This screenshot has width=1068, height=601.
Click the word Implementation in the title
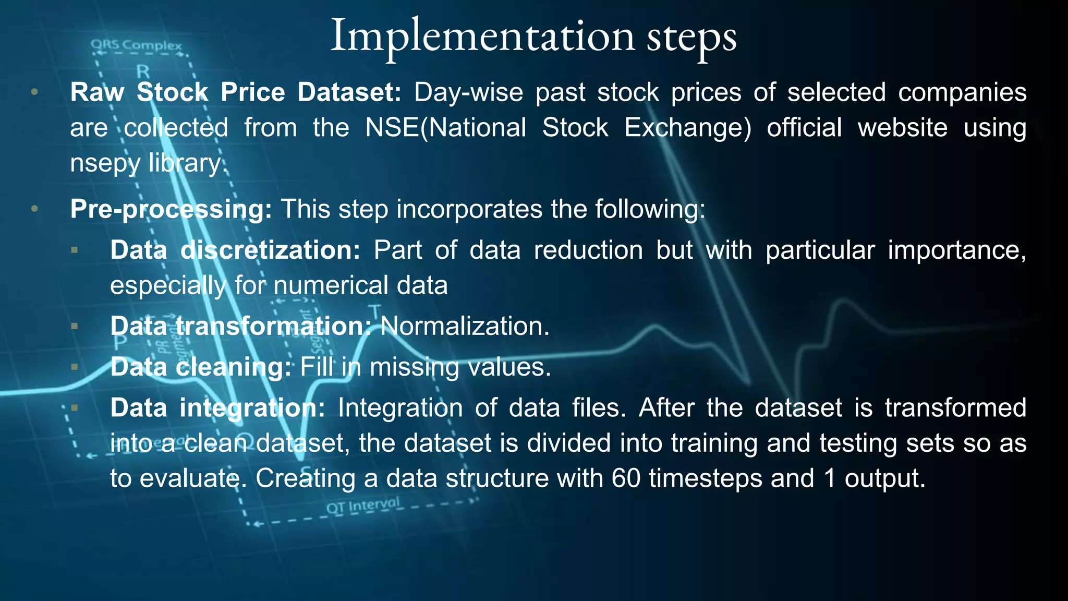(x=483, y=37)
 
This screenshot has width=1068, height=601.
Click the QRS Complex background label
(x=137, y=45)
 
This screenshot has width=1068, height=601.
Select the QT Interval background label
(x=363, y=506)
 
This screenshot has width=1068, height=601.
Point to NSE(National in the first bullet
(x=445, y=128)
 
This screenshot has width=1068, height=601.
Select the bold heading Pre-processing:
(x=171, y=209)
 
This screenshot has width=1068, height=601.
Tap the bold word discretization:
(x=270, y=250)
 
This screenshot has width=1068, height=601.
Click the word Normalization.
(x=465, y=327)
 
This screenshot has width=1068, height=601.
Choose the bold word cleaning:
(x=233, y=367)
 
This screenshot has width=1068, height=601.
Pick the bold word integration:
(x=252, y=408)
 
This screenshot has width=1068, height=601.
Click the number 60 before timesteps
(x=626, y=478)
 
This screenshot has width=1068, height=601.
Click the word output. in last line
(x=885, y=478)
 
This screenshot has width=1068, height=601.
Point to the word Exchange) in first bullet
(x=688, y=128)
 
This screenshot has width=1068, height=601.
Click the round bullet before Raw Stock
(x=34, y=92)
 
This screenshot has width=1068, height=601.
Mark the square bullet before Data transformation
(x=75, y=327)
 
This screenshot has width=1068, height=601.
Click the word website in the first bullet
(x=902, y=128)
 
